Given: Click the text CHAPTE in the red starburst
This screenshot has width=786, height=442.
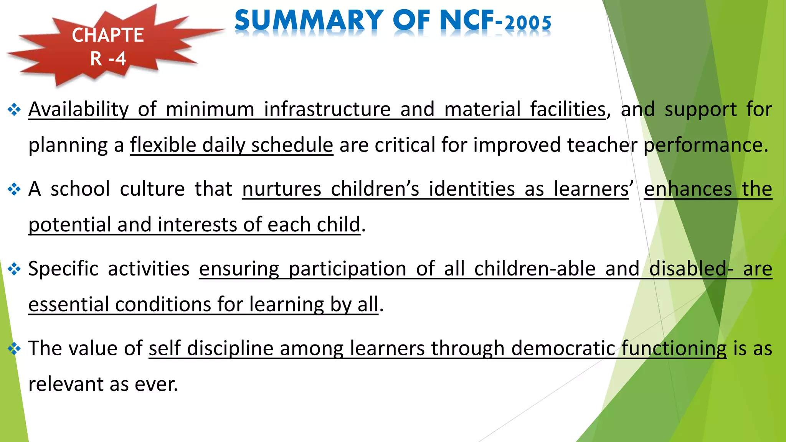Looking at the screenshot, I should click(108, 35).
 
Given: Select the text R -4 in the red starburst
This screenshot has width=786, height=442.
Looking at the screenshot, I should click(108, 59).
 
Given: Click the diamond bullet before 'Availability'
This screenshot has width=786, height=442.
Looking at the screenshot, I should click(14, 110).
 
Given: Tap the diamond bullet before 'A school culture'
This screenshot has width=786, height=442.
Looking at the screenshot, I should click(14, 190).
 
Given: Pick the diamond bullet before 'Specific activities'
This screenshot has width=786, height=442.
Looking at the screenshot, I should click(14, 269).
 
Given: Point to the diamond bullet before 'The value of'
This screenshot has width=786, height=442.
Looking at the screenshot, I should click(14, 349).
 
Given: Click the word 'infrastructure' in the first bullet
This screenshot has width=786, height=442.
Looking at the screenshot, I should click(327, 109).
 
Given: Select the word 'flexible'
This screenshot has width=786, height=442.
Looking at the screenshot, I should click(163, 145).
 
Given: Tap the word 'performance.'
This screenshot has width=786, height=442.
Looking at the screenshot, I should click(706, 145).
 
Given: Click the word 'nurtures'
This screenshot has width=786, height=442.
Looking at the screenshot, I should click(281, 189).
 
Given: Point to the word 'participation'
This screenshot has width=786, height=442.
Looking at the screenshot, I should click(347, 269).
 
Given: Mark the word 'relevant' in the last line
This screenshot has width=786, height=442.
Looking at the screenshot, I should click(66, 384).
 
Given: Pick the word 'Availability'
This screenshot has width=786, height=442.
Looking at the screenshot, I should click(78, 109).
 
